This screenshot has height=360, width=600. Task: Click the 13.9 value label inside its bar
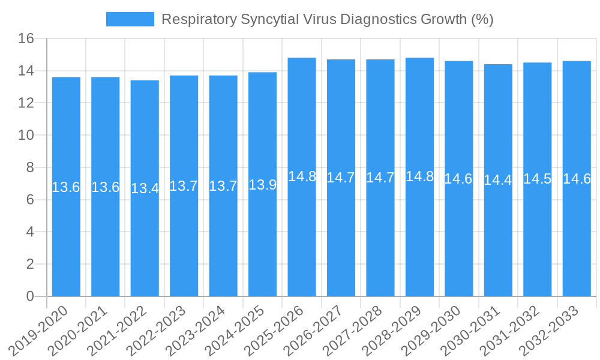click(x=262, y=185)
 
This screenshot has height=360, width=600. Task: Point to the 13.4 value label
click(x=145, y=188)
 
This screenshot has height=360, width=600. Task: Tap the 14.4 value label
click(x=498, y=180)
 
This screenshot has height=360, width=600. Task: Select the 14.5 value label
click(x=537, y=179)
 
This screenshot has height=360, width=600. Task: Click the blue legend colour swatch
click(x=130, y=19)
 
